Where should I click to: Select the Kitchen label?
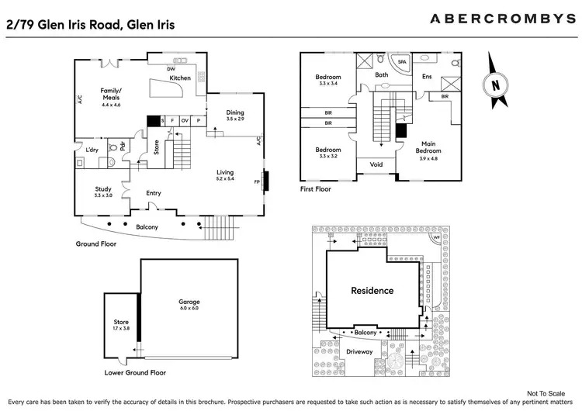pos(180,78)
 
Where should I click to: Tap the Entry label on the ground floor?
pos(153,193)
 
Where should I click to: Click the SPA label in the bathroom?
pos(402,60)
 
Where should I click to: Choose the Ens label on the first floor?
pos(426,76)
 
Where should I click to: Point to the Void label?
pos(376,164)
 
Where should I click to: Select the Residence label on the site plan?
pos(372,291)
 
